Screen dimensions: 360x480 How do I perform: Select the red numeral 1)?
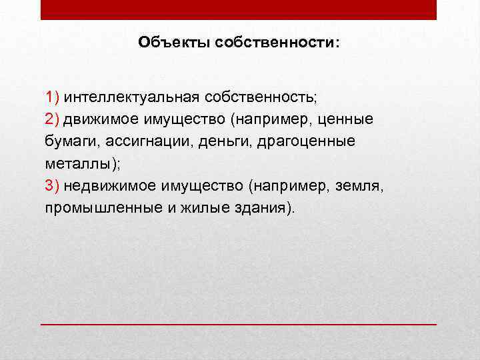pyautogui.click(x=53, y=97)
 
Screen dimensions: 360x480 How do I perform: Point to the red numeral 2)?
pyautogui.click(x=53, y=119)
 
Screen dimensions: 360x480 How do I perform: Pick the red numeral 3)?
pyautogui.click(x=53, y=185)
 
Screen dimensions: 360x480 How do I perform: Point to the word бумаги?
pyautogui.click(x=70, y=141)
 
